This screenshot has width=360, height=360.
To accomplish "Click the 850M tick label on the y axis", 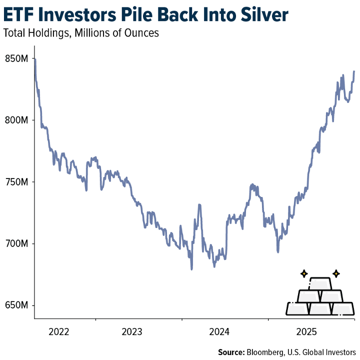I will tap(15, 58).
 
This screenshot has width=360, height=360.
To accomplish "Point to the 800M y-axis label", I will tap(15, 120).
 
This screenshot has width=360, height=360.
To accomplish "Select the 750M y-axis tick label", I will tap(15, 182).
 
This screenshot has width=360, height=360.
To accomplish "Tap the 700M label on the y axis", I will tap(15, 243).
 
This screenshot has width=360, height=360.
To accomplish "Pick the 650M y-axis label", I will tap(15, 305).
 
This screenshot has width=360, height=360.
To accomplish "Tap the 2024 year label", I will tap(219, 331).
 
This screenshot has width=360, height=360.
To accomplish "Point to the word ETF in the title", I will tap(18, 15).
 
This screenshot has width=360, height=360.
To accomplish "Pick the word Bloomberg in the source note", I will tap(267, 351).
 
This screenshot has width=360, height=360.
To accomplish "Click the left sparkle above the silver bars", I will tap(303, 273).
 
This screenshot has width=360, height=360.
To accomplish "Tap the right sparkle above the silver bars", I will tap(336, 273).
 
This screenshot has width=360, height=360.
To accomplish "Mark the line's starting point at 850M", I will tap(34, 59).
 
